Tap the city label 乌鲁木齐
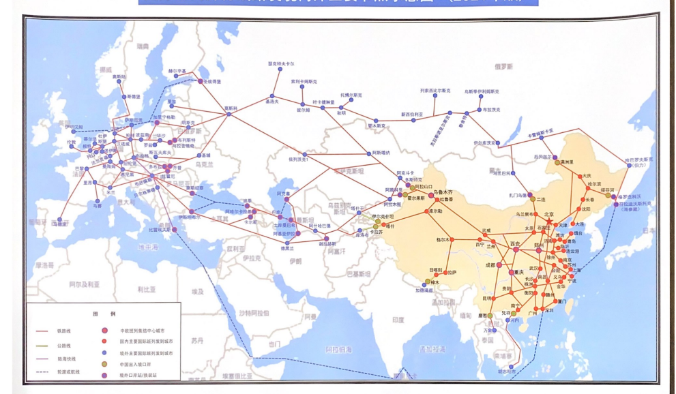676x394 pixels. [x=443, y=192]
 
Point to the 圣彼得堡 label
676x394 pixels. [x=210, y=81]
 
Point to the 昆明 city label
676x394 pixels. [x=487, y=298]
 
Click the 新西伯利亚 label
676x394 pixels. [x=411, y=114]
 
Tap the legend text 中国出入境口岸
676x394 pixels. [x=141, y=363]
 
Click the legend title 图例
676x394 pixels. [x=104, y=314]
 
